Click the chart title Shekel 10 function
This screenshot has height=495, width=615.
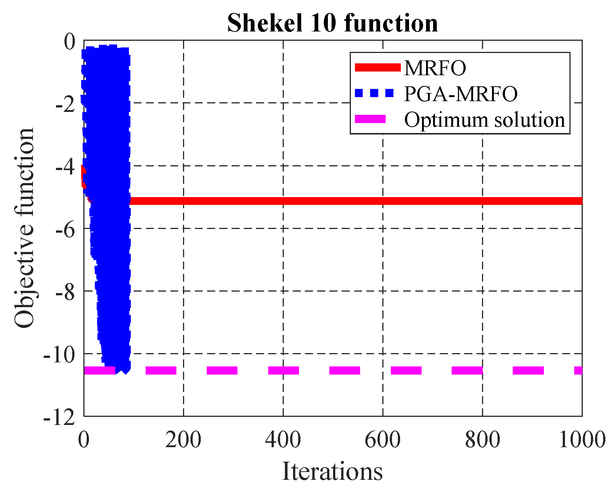[x=332, y=23]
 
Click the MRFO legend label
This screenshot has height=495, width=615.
[x=435, y=68]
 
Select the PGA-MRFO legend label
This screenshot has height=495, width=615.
[x=461, y=94]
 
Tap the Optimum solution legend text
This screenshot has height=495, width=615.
[x=485, y=120]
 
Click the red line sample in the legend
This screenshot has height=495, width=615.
[x=378, y=67]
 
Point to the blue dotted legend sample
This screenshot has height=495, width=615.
[x=374, y=93]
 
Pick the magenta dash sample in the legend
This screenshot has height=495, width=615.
[x=370, y=119]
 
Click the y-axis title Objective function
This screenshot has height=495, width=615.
[x=24, y=228]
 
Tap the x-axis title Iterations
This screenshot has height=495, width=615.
[x=332, y=472]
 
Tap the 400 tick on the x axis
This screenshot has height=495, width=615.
[x=283, y=440]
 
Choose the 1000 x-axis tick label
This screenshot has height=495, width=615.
[x=582, y=440]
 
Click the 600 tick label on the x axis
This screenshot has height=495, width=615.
[x=383, y=440]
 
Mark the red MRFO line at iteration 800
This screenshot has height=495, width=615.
[x=482, y=201]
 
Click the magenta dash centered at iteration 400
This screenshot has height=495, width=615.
[x=283, y=370]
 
